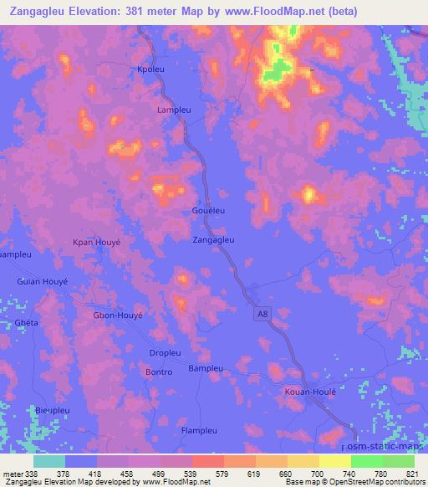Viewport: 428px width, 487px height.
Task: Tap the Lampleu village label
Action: coord(174,110)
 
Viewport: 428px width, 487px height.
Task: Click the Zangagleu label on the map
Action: coord(214,239)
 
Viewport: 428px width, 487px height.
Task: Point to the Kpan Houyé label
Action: coord(97,242)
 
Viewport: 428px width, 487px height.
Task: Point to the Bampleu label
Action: coord(206,368)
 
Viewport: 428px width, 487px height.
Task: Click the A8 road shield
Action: coord(262,310)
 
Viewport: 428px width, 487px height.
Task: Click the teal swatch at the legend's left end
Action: coord(49,461)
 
